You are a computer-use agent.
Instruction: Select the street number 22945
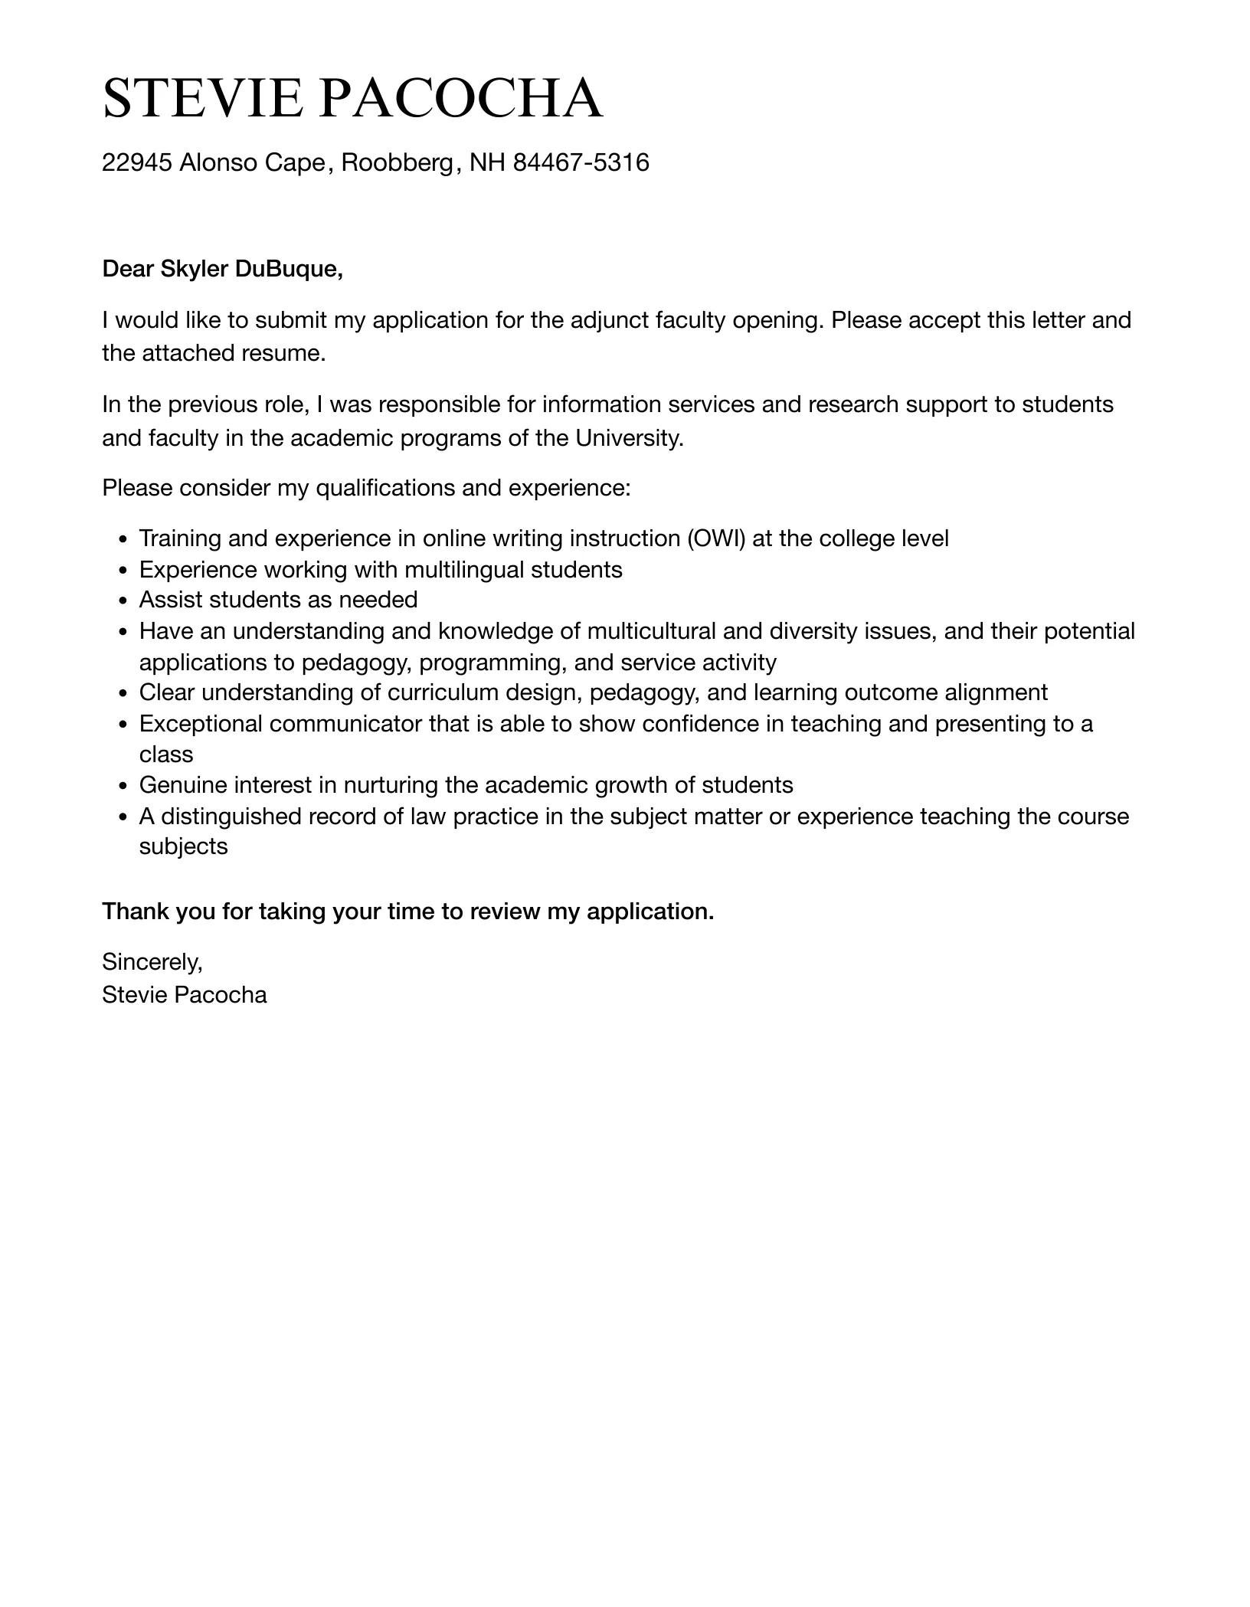[136, 162]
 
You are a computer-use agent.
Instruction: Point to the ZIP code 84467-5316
[581, 162]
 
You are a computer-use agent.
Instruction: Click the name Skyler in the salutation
[194, 269]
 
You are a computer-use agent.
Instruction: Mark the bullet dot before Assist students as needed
[123, 601]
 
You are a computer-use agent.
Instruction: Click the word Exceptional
[201, 724]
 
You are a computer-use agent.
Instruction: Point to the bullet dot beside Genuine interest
[123, 787]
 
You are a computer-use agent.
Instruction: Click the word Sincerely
[152, 961]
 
